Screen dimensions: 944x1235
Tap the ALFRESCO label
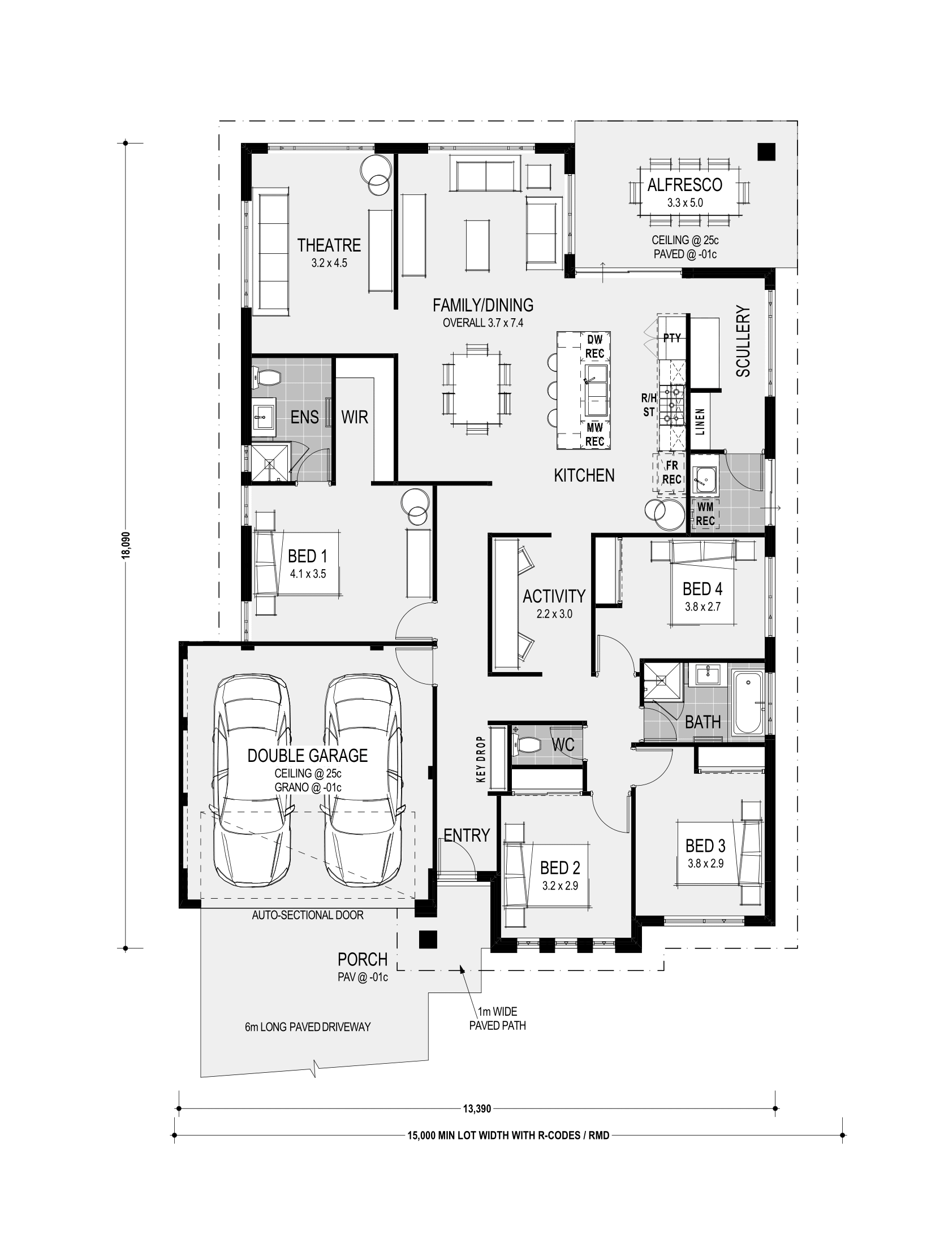pos(684,184)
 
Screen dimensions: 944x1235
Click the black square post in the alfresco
pos(766,151)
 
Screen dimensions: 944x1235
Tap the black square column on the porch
pos(427,939)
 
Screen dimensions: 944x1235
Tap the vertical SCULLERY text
pos(743,341)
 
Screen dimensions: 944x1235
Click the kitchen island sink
pos(595,389)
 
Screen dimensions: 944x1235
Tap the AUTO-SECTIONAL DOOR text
pos(308,915)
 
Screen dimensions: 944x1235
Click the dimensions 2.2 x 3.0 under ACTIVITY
pos(554,613)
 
